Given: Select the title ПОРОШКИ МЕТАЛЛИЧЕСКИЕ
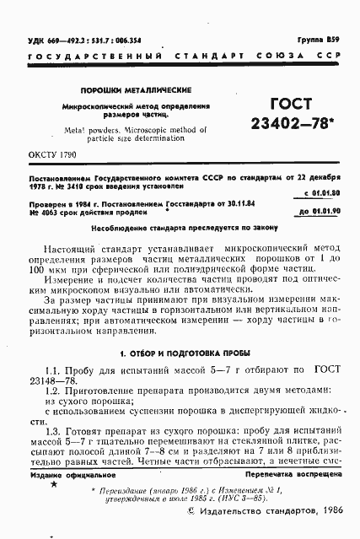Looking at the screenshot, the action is [x=135, y=89].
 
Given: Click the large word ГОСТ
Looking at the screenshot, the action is [x=291, y=105].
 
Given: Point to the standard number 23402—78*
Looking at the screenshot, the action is [x=291, y=124].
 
